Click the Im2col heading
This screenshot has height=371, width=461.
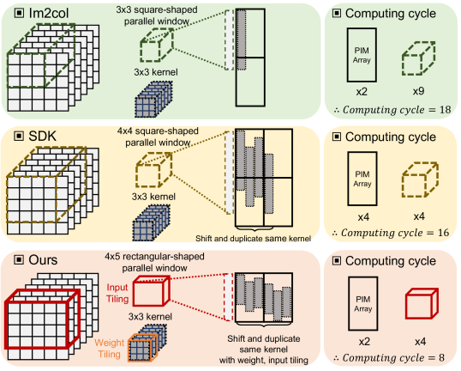(49, 13)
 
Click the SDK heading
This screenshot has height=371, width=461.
(42, 137)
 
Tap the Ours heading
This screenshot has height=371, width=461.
(43, 260)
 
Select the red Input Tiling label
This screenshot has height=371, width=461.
(117, 293)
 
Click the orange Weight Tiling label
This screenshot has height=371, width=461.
(110, 349)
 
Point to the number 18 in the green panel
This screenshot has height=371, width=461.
(445, 110)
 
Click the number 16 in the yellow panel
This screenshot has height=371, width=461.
(443, 233)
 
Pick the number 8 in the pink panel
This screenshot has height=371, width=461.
(441, 358)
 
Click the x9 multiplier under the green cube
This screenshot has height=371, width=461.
(418, 91)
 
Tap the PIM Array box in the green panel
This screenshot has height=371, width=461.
(362, 55)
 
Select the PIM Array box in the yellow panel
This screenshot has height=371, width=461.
(362, 179)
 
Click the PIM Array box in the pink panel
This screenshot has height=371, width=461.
(363, 303)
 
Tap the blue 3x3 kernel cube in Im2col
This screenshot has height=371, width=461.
(153, 100)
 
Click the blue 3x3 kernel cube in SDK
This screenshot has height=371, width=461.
(152, 223)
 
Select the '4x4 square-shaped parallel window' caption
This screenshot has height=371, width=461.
(158, 137)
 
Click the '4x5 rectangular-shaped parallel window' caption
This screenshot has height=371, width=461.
(154, 262)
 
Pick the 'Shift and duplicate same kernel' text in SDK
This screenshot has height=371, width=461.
(253, 239)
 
